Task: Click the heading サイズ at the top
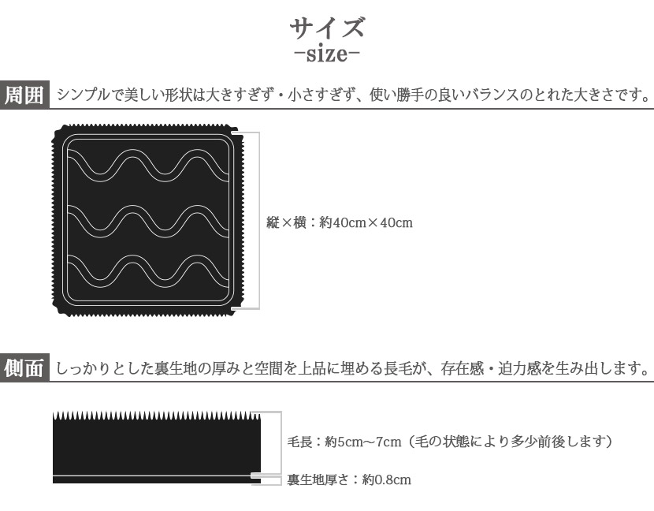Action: (x=327, y=28)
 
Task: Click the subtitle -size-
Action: (x=327, y=54)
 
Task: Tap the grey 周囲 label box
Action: (x=24, y=95)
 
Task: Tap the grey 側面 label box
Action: (x=24, y=367)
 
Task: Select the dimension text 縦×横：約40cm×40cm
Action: (x=340, y=222)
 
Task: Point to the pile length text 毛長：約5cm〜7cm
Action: (x=344, y=442)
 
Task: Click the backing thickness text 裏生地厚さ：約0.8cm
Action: (x=349, y=479)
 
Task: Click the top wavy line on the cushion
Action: (x=148, y=166)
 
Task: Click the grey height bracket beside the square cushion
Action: (x=259, y=221)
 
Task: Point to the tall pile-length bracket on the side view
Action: (x=281, y=442)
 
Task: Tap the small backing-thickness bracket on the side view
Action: (x=281, y=480)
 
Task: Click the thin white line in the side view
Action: (x=157, y=476)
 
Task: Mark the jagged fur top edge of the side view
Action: (x=157, y=416)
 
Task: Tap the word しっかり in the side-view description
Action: (x=83, y=368)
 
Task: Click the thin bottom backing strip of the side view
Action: (x=157, y=480)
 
